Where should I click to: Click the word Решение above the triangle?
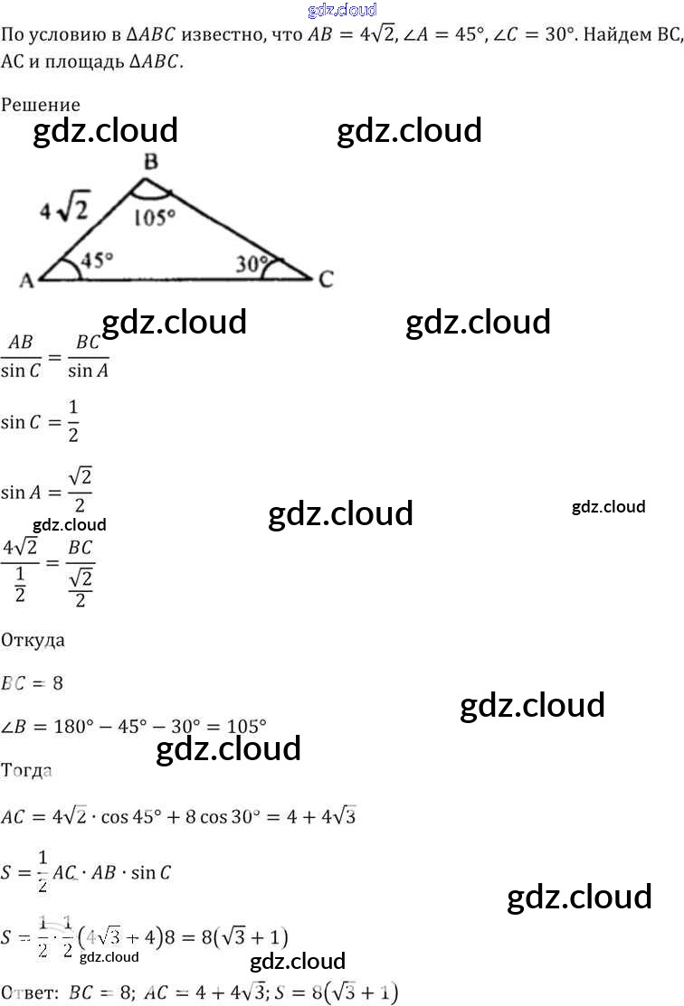(41, 105)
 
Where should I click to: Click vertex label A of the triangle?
(27, 281)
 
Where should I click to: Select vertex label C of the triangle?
(326, 279)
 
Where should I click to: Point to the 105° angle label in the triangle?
(154, 218)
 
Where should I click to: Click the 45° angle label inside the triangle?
(98, 260)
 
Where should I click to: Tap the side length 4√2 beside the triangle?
(64, 211)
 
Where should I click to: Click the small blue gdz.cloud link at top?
(342, 11)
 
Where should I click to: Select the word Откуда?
(33, 640)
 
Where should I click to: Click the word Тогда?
(27, 771)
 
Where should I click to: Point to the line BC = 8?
(33, 683)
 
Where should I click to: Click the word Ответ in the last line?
(28, 992)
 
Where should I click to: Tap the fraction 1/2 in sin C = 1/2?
(73, 422)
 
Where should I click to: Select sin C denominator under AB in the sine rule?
(26, 370)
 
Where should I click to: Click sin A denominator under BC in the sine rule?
(88, 370)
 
